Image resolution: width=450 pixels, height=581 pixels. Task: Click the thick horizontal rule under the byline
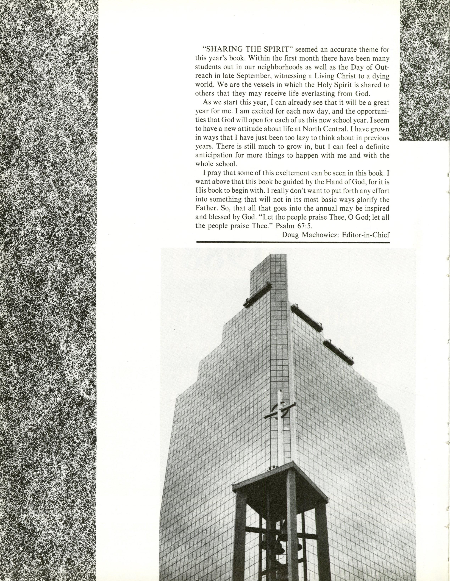coord(293,242)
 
